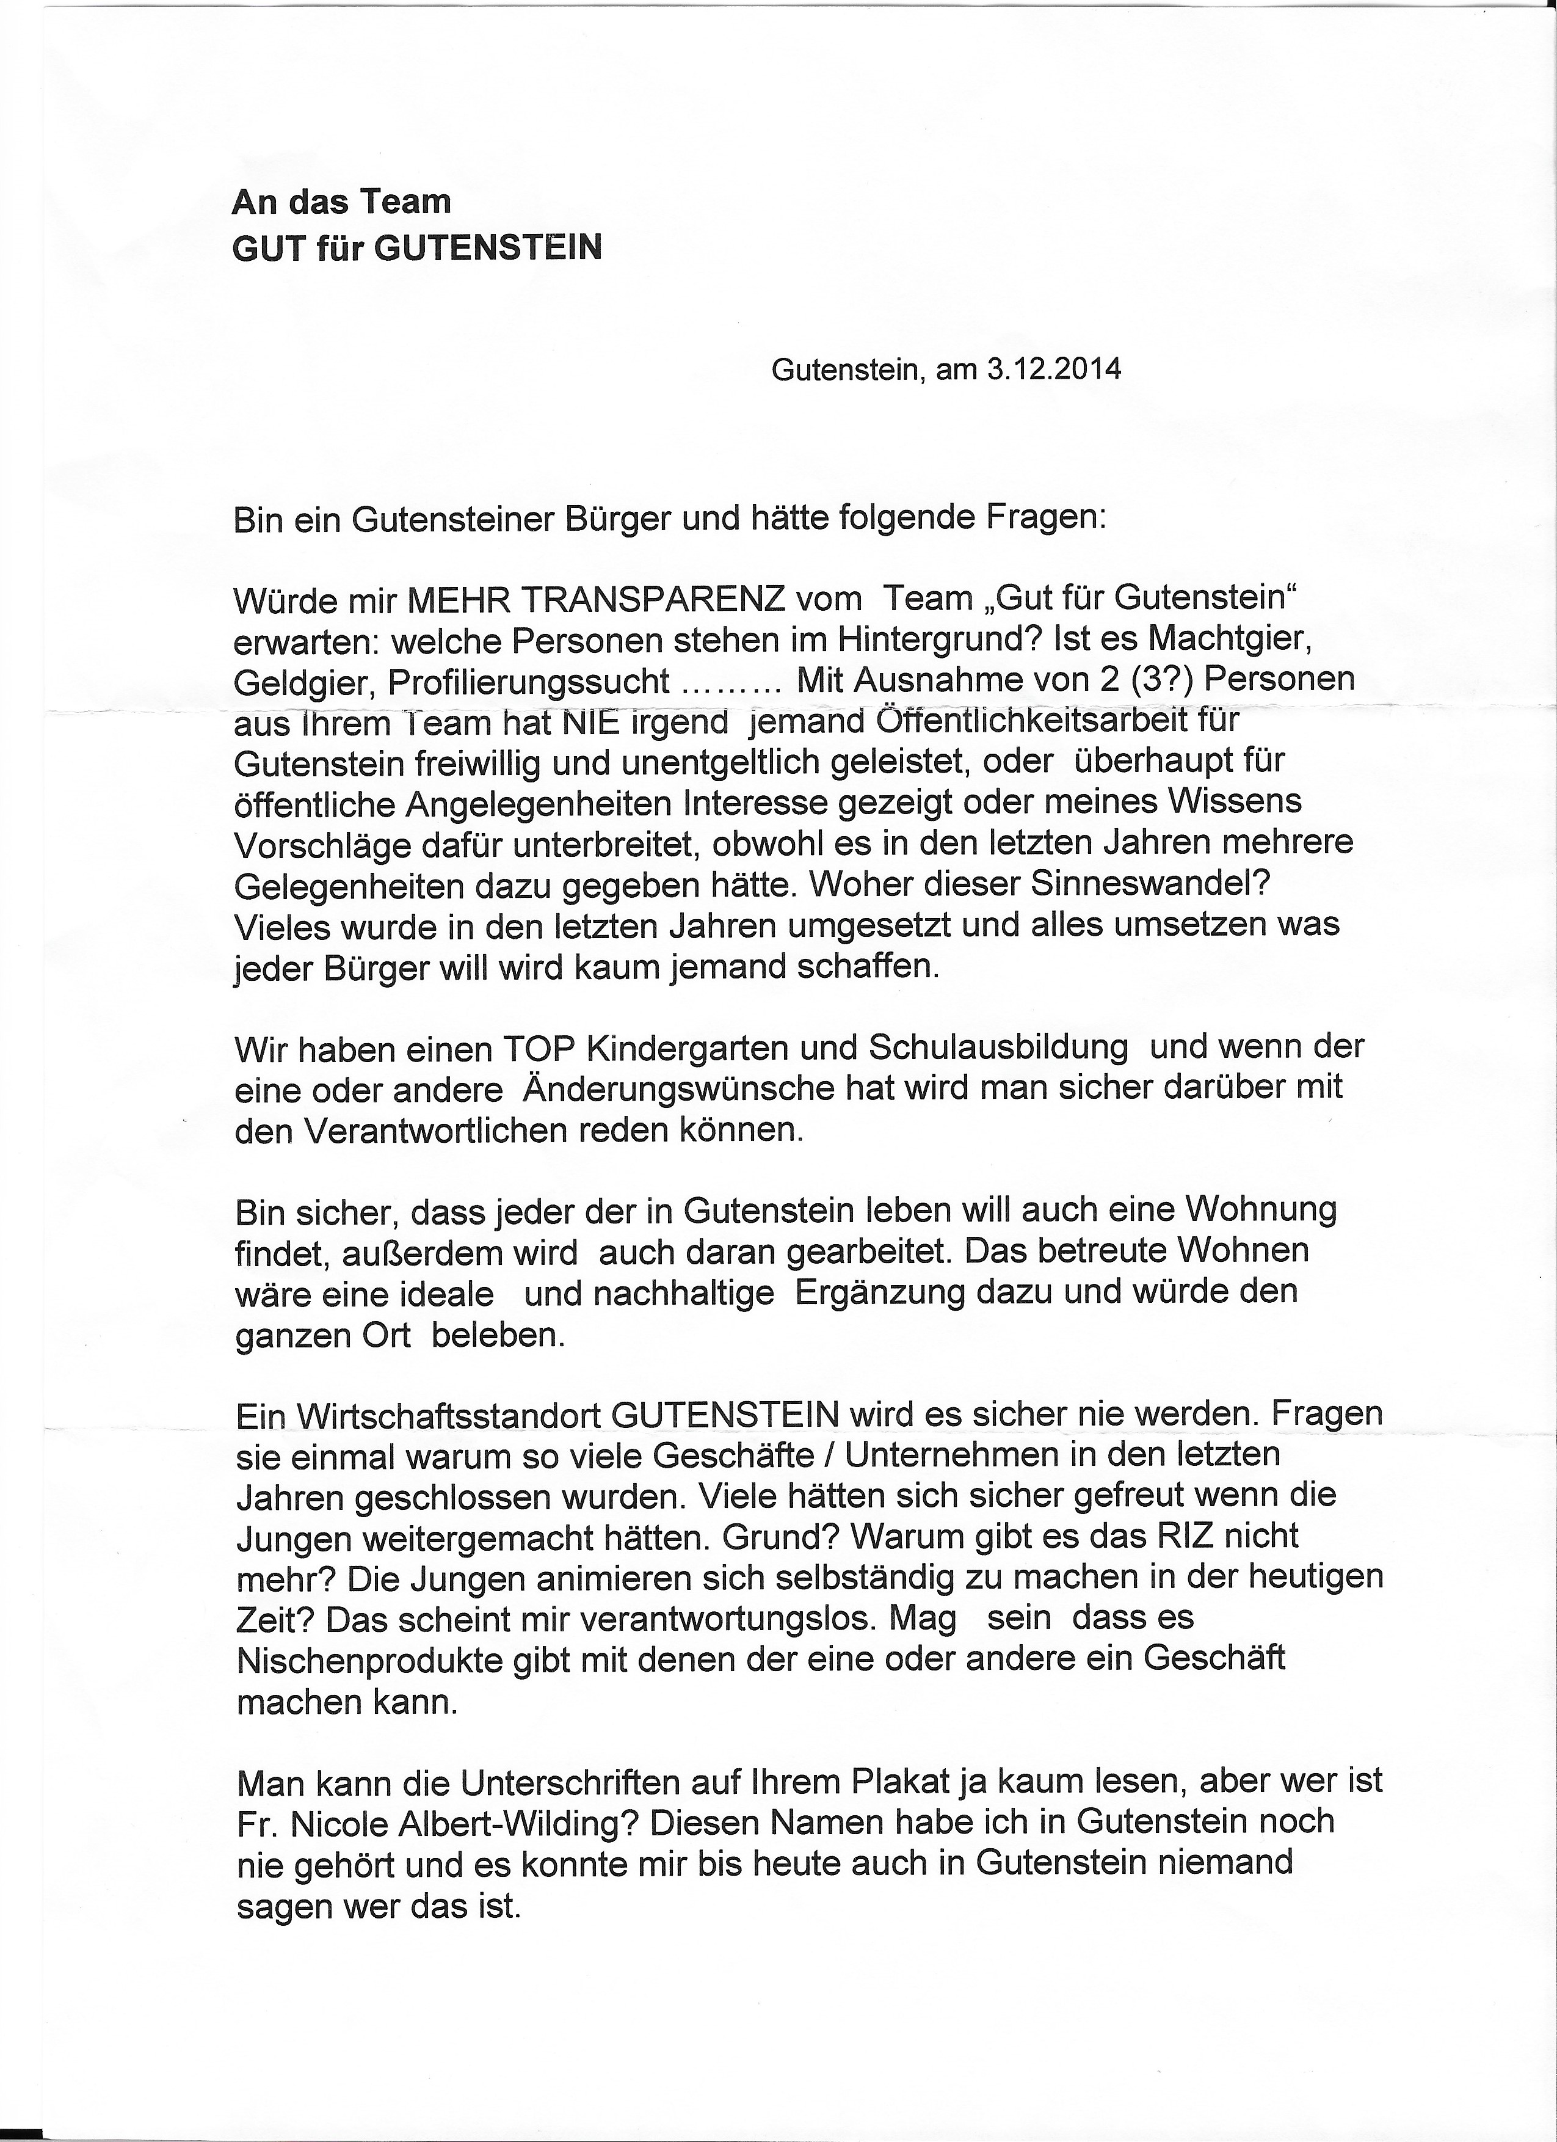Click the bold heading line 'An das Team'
coord(342,202)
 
